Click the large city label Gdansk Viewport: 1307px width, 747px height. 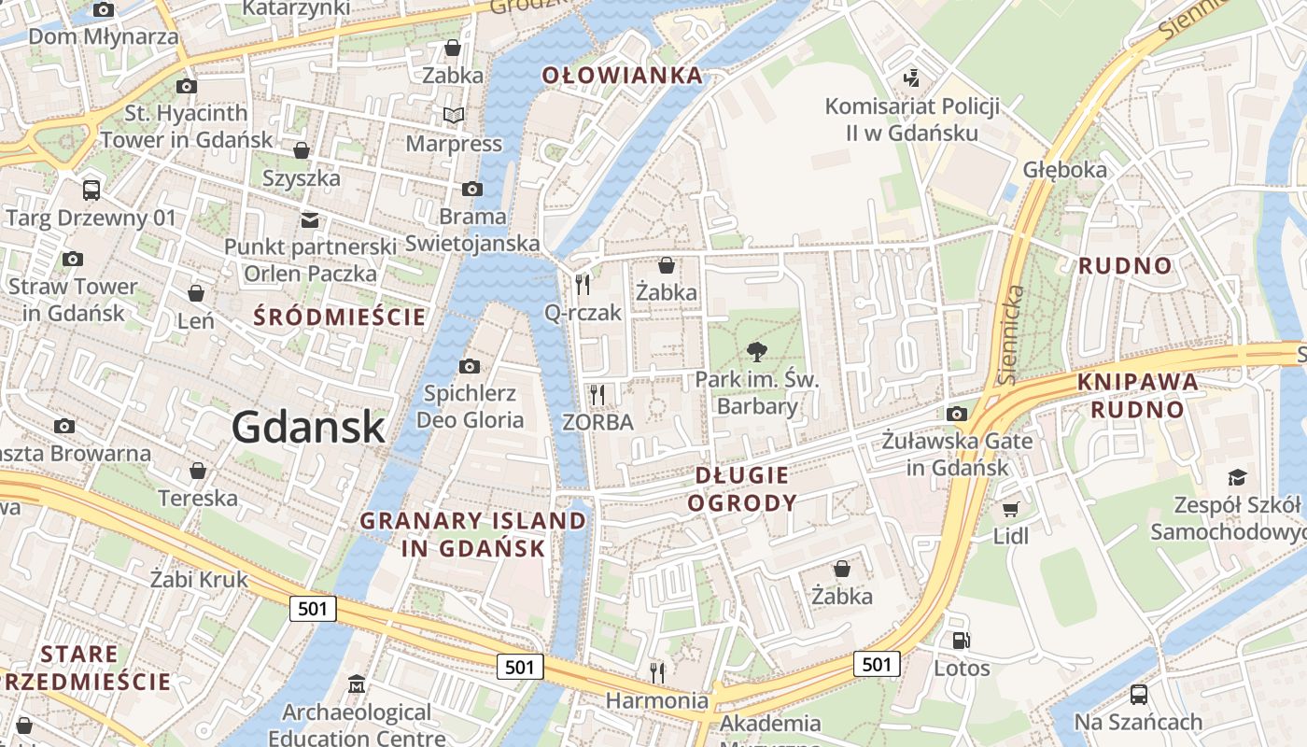point(308,428)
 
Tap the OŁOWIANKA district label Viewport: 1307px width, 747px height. point(622,76)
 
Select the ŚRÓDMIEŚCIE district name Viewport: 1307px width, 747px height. point(340,317)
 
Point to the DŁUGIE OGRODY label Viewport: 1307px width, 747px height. point(742,489)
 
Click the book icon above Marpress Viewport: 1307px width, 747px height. point(454,116)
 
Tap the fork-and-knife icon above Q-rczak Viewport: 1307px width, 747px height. point(583,284)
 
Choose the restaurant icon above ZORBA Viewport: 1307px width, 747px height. point(597,394)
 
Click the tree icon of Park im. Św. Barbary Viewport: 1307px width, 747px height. point(756,352)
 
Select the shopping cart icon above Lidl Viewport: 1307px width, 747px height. point(1010,509)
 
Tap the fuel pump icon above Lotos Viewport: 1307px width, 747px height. point(961,641)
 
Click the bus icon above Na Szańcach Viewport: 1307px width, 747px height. point(1138,695)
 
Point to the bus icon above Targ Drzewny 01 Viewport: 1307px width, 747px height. point(91,190)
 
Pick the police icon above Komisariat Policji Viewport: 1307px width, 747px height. point(911,78)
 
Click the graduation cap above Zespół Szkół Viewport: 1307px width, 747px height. point(1237,477)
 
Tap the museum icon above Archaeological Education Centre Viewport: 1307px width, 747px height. point(356,685)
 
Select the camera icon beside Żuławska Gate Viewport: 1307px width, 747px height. point(956,415)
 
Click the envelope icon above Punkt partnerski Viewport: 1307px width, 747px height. point(309,220)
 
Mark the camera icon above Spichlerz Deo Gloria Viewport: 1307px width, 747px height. point(470,366)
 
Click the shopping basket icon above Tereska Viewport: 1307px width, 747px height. point(197,471)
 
